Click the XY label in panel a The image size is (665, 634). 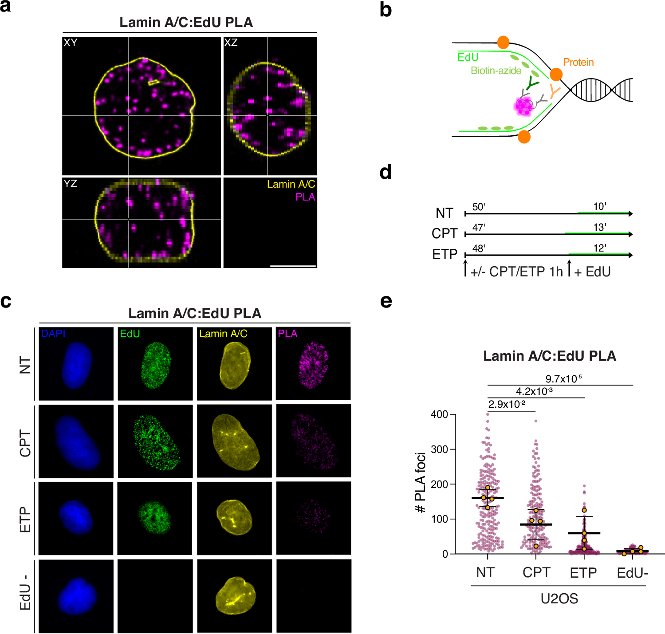(x=71, y=43)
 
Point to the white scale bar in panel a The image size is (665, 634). (x=293, y=266)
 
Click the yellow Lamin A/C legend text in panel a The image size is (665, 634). (x=291, y=184)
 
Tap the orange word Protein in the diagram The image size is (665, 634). (x=578, y=62)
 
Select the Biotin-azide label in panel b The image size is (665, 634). (x=496, y=71)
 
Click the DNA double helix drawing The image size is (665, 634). (x=601, y=90)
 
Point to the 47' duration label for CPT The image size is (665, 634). (x=479, y=228)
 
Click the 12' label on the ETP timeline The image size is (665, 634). (x=599, y=248)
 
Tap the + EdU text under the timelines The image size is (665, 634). (x=592, y=272)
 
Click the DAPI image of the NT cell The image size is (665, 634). (x=76, y=364)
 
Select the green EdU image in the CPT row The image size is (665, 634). (x=155, y=441)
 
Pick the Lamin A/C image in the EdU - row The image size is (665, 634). (x=234, y=596)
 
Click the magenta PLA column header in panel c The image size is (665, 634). (x=287, y=334)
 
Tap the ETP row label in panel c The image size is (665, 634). (x=25, y=519)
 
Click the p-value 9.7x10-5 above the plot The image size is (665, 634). (x=563, y=379)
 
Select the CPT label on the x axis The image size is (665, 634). (x=536, y=573)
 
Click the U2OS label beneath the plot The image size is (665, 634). (x=559, y=599)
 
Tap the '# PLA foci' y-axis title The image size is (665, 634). (x=420, y=483)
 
